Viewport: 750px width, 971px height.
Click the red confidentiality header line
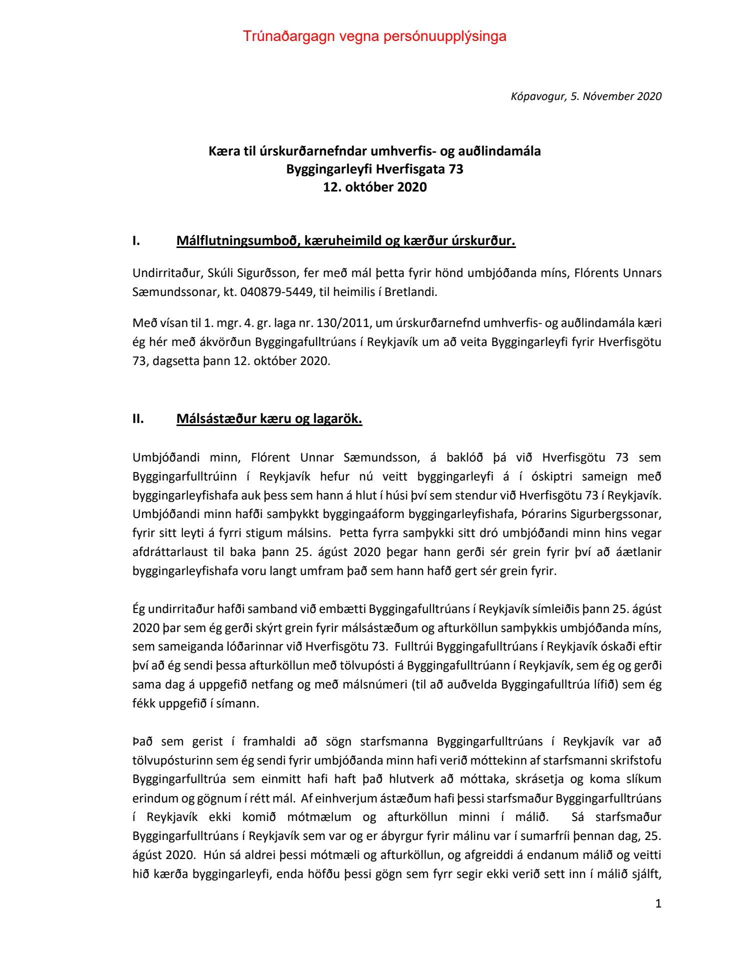coord(374,36)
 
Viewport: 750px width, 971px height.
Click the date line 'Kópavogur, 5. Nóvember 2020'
coord(585,96)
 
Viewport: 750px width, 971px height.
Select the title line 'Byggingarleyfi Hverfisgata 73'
coord(374,169)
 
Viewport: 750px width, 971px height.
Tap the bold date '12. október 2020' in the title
coord(374,187)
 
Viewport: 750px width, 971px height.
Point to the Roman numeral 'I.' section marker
coord(136,241)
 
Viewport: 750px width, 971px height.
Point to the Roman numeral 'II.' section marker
coord(138,418)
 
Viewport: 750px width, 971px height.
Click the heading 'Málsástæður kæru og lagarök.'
coord(269,418)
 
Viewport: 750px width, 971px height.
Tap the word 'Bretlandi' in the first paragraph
coord(410,292)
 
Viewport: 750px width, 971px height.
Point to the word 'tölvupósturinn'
coord(171,760)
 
